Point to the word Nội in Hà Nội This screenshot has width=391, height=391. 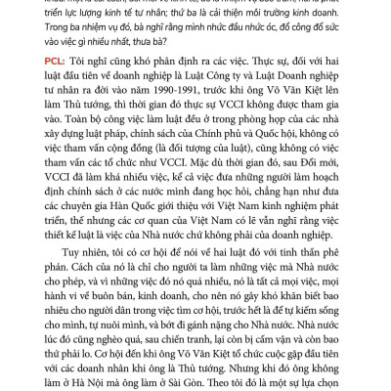pyautogui.click(x=89, y=372)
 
